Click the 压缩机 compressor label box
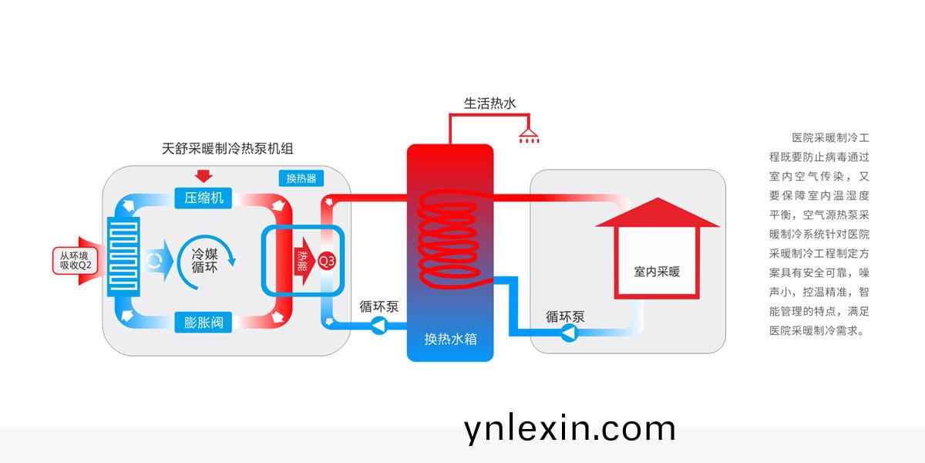coord(203,198)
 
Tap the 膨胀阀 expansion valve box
coord(203,323)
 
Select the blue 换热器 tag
coord(301,178)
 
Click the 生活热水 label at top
coord(489,103)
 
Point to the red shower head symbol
coord(529,137)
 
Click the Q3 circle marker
coord(327,261)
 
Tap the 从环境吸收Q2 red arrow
coord(76,261)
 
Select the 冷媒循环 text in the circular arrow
coord(203,260)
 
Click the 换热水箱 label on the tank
coord(449,338)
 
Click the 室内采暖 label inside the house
coord(657,272)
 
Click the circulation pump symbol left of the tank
coord(379,326)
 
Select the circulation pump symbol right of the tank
coord(569,333)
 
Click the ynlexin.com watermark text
coord(570,429)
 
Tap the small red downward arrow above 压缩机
coord(204,174)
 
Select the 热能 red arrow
coord(304,261)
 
